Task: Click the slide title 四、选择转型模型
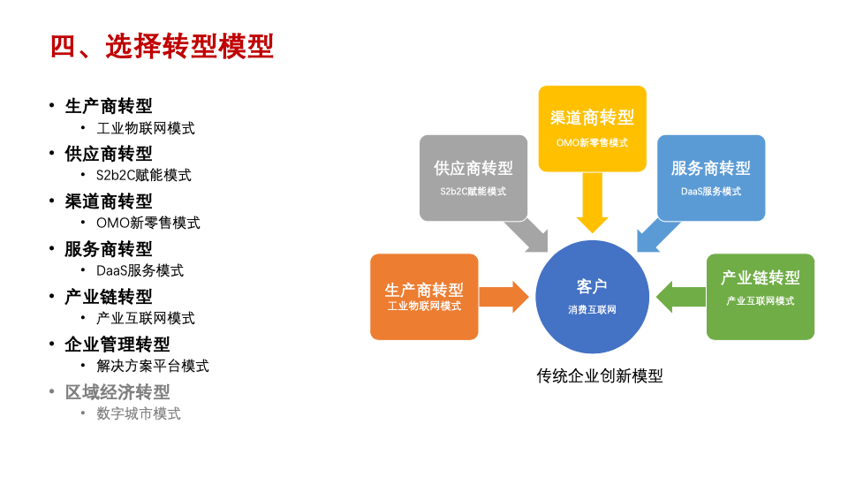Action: pyautogui.click(x=162, y=46)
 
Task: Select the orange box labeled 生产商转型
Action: pyautogui.click(x=424, y=297)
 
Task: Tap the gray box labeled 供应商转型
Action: pyautogui.click(x=473, y=178)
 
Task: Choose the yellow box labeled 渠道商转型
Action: pyautogui.click(x=592, y=127)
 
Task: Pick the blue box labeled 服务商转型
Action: pyautogui.click(x=711, y=178)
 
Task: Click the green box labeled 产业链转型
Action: pyautogui.click(x=761, y=297)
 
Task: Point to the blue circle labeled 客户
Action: pyautogui.click(x=592, y=297)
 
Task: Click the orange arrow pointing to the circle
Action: pyautogui.click(x=503, y=297)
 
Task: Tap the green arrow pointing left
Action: pyautogui.click(x=680, y=297)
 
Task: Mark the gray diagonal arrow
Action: pyautogui.click(x=528, y=236)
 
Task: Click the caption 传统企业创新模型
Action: pyautogui.click(x=600, y=375)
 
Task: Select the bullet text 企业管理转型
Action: pyautogui.click(x=117, y=344)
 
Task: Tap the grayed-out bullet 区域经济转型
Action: pyautogui.click(x=117, y=391)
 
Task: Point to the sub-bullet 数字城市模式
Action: pyautogui.click(x=139, y=413)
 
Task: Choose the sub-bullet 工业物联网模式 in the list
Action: pyautogui.click(x=146, y=128)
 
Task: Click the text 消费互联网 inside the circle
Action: pyautogui.click(x=592, y=310)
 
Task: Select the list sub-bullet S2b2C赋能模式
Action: pyautogui.click(x=144, y=175)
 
